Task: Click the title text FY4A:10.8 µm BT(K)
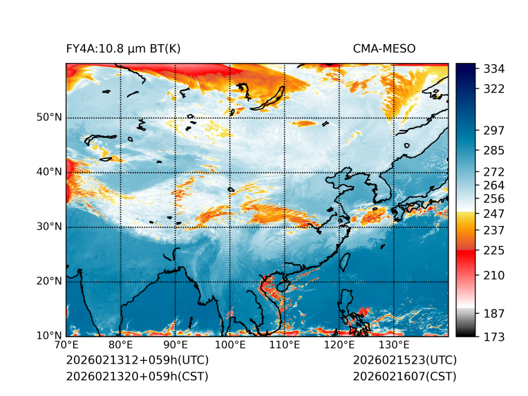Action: click(x=123, y=48)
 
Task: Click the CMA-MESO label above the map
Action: click(x=384, y=48)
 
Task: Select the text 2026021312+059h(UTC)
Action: click(x=137, y=361)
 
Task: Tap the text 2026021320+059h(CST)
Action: click(x=137, y=377)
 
